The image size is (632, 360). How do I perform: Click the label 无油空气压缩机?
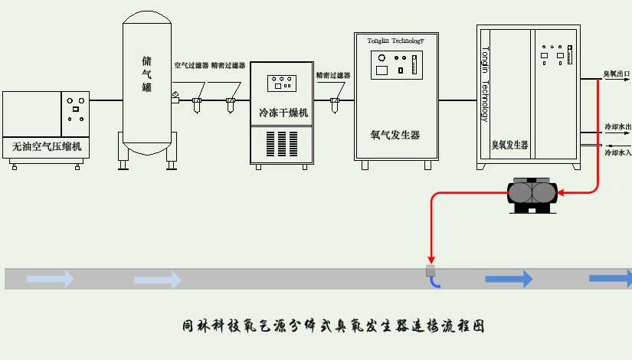47,146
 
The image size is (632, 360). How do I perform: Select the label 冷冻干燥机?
283,113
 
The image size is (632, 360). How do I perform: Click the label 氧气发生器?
395,135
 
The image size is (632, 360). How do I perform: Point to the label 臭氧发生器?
509,144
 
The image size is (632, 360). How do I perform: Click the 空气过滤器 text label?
191,66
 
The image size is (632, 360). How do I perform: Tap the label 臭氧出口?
616,74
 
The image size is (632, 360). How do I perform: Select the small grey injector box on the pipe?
431,270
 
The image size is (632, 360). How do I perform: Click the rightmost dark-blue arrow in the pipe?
611,279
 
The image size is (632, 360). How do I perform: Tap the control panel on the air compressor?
75,109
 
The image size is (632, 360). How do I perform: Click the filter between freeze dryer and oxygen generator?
334,100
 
